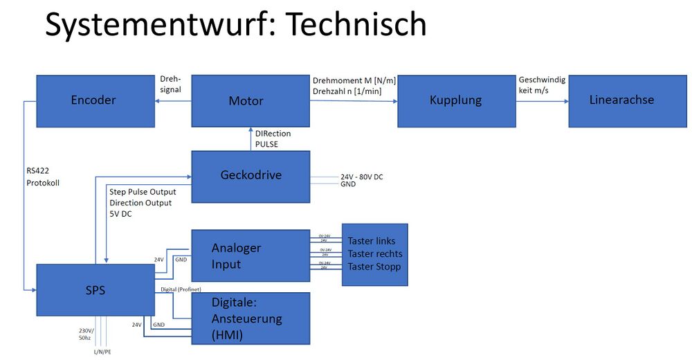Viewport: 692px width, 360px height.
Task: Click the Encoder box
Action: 94,100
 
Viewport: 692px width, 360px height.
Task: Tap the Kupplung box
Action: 456,100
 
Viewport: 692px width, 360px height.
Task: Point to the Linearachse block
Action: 621,100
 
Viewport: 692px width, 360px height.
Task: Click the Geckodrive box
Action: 250,176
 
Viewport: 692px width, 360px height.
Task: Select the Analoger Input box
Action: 250,255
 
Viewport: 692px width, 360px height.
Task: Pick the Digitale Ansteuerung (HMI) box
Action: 250,318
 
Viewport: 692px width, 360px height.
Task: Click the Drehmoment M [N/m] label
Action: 354,81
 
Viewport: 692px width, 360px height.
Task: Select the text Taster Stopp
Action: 374,267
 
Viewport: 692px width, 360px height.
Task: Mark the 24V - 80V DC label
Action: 361,177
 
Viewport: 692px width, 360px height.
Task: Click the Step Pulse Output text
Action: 143,192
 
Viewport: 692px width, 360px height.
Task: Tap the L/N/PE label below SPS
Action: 103,352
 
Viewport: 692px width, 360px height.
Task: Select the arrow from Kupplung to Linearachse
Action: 542,100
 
